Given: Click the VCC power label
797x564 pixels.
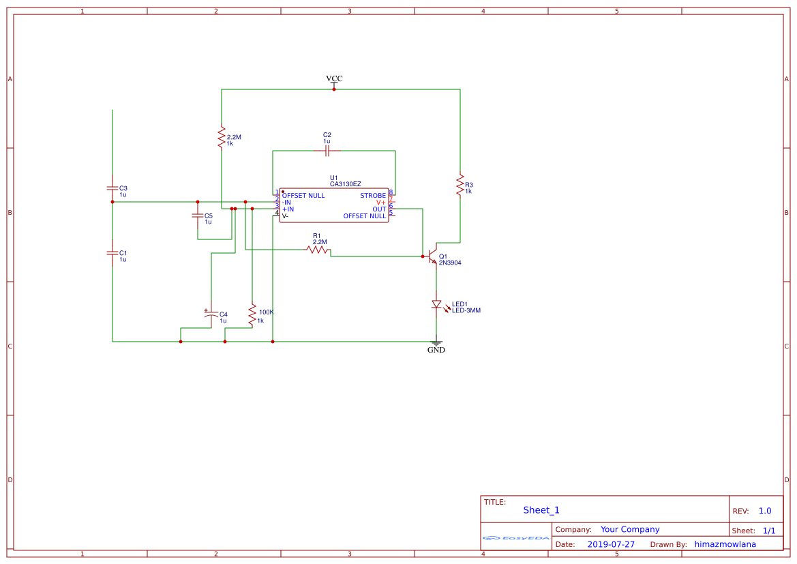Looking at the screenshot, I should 334,78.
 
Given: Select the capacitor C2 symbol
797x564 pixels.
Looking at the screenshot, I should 327,150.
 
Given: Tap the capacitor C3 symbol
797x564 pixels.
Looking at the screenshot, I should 112,188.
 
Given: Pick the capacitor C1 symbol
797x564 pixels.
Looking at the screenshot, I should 112,252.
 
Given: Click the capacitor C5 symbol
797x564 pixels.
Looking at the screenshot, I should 198,216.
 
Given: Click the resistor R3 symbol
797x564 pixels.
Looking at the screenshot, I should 460,184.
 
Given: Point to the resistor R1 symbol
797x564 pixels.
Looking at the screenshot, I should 318,250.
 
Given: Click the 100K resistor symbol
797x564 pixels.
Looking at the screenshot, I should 252,315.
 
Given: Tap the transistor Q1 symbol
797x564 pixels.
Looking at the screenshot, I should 432,256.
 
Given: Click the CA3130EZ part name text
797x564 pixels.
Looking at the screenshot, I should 345,184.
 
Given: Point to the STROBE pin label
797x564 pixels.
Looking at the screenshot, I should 373,196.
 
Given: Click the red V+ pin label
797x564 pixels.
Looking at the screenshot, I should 380,203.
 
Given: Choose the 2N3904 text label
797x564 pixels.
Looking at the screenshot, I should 455,263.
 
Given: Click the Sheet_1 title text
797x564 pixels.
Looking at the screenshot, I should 541,510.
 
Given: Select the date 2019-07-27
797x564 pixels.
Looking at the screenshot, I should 611,544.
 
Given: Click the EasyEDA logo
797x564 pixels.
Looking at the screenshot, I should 516,538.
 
